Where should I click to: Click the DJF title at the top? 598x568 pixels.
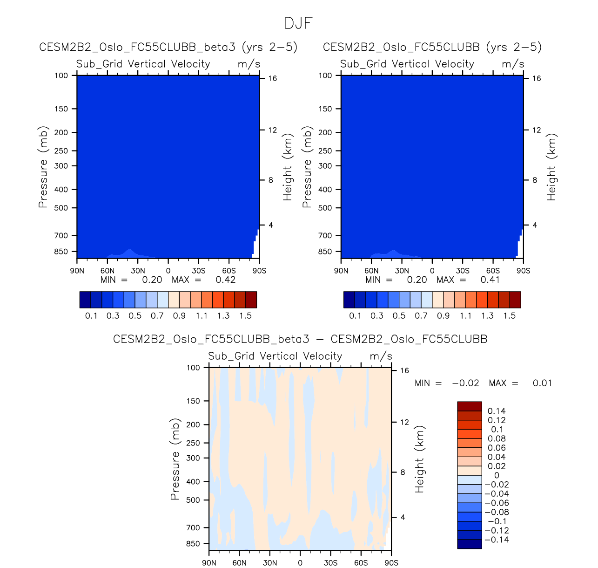tap(298, 23)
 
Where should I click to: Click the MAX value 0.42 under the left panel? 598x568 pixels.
tap(226, 280)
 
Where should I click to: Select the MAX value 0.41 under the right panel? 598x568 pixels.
tap(490, 280)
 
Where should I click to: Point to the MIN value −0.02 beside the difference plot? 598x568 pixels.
tap(465, 383)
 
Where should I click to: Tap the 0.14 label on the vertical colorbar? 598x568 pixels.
tap(497, 411)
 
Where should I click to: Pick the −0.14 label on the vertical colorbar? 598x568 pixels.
tap(497, 540)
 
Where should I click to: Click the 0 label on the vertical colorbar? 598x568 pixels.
tap(497, 476)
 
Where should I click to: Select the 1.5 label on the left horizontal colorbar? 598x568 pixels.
tap(245, 316)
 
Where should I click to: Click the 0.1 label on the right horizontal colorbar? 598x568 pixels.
tap(355, 316)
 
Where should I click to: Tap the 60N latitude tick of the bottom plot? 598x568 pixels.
tap(239, 563)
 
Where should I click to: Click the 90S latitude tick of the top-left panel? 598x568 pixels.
tap(259, 271)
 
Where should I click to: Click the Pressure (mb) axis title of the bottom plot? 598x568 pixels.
tap(175, 459)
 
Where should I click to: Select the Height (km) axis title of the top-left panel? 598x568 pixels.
tap(288, 167)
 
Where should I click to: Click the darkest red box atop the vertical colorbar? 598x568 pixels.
tap(470, 406)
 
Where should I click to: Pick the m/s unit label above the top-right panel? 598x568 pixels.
tap(513, 64)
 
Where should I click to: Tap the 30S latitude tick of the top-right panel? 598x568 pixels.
tap(463, 271)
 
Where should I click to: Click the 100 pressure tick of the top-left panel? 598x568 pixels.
tap(61, 75)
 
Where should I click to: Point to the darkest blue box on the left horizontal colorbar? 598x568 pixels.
tap(85, 300)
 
